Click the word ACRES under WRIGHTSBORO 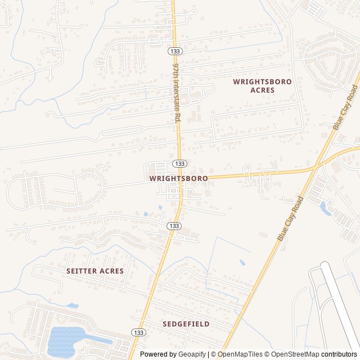[263, 90]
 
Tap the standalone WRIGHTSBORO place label [178, 178]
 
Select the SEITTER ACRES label [94, 271]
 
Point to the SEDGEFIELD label [186, 324]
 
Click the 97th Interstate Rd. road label [176, 93]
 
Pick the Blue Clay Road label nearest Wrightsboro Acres [345, 108]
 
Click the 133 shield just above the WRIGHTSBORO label [179, 163]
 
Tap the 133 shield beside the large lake [138, 333]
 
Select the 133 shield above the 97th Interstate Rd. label [174, 51]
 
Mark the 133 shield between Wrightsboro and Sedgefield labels [174, 226]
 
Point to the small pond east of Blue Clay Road [325, 208]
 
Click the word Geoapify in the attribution [192, 354]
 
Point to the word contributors [339, 354]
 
